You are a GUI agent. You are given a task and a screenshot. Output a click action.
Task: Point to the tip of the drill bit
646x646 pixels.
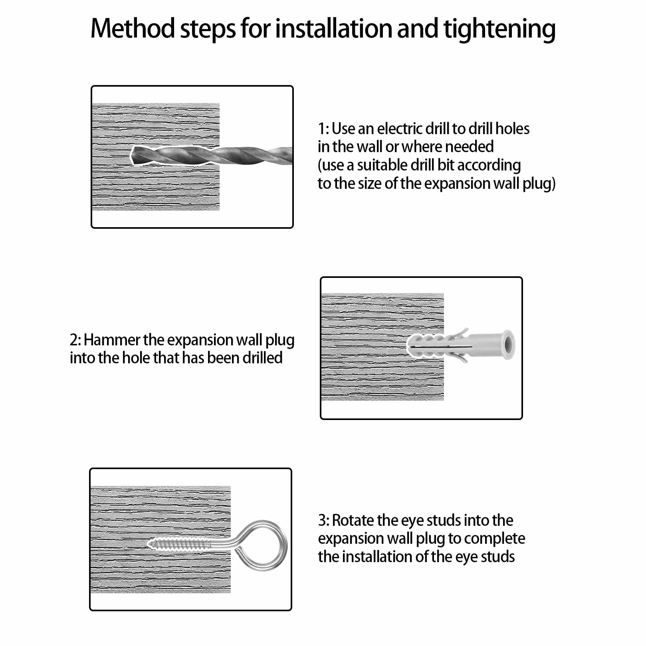132,155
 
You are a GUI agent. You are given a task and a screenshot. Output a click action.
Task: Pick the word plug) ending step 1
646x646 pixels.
539,184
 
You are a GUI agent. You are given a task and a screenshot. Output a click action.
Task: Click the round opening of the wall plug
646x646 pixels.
508,345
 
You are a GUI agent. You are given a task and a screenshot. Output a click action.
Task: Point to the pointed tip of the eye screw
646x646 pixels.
149,543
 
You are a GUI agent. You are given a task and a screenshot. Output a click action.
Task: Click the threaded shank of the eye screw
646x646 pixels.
180,543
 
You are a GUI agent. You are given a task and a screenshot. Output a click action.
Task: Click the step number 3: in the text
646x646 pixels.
324,520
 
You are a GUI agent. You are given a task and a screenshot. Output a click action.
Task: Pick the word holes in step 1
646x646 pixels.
512,129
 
